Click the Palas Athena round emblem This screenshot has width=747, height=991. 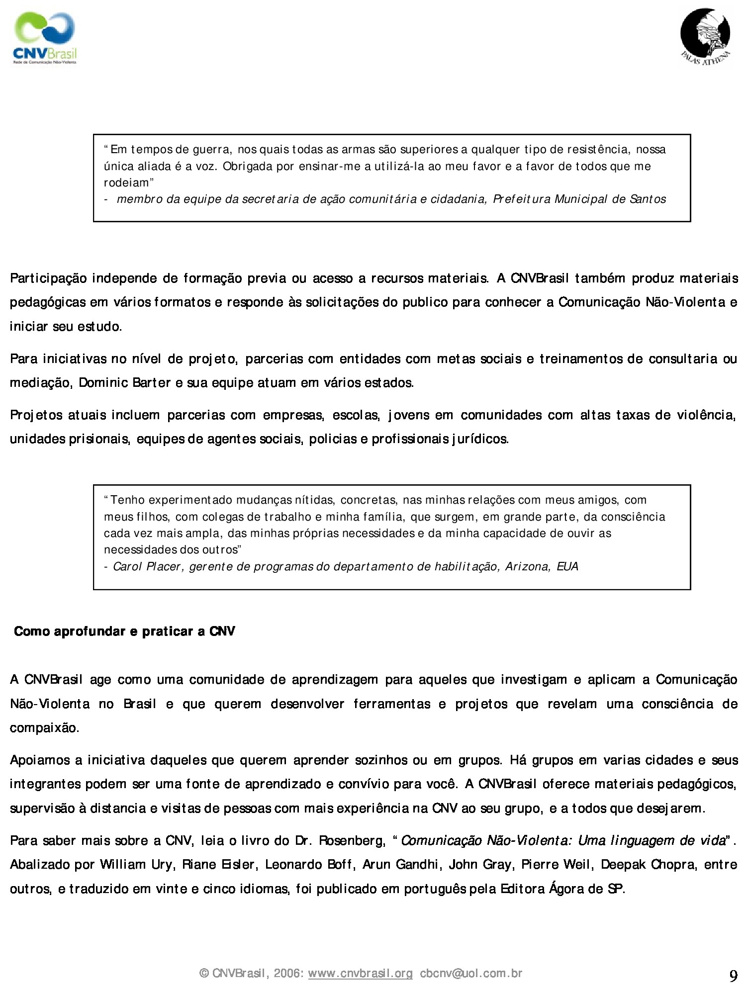tap(705, 36)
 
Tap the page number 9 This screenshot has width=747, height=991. tap(733, 976)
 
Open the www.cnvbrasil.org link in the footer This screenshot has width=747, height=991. tap(360, 973)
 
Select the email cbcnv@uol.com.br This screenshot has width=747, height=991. tap(471, 973)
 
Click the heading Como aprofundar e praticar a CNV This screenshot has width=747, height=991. tap(124, 631)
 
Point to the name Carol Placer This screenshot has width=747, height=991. tap(147, 566)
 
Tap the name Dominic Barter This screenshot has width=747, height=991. tap(121, 383)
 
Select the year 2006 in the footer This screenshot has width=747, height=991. tap(288, 973)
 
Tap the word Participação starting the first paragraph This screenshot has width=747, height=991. tap(48, 278)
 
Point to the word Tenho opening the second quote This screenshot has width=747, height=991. tap(128, 500)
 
